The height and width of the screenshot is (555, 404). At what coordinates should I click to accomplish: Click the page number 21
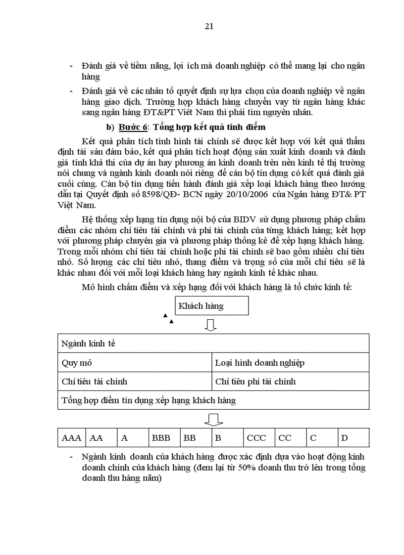coord(209,26)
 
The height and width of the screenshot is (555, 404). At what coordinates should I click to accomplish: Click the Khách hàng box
coord(211,306)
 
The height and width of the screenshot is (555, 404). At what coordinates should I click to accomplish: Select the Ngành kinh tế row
coord(213,343)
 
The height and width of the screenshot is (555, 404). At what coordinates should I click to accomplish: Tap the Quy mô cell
coord(134,363)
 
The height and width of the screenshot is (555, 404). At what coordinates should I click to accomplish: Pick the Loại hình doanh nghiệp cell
coord(290,363)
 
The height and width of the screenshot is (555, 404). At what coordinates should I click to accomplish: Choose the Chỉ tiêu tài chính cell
coord(134,382)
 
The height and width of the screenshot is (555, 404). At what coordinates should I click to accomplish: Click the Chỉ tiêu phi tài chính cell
coord(290,382)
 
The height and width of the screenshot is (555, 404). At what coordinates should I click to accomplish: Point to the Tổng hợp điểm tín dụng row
coord(213,400)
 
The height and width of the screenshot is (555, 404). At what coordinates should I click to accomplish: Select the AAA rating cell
coord(71,438)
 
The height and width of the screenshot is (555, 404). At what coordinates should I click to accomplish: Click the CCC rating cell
coord(256,438)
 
